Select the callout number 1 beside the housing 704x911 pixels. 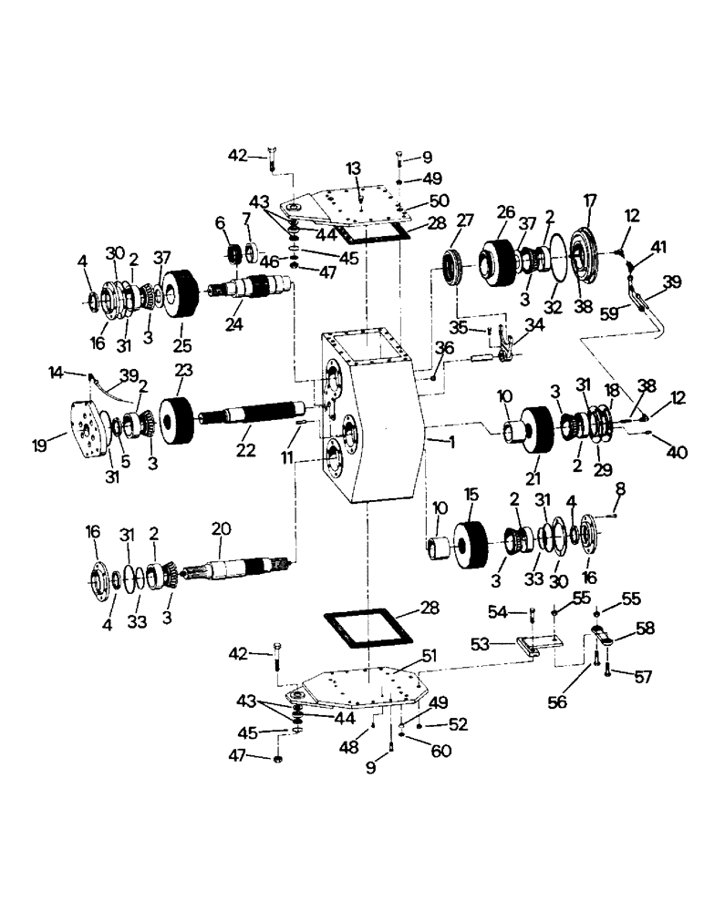coord(449,441)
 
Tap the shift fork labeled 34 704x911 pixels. coord(510,347)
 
